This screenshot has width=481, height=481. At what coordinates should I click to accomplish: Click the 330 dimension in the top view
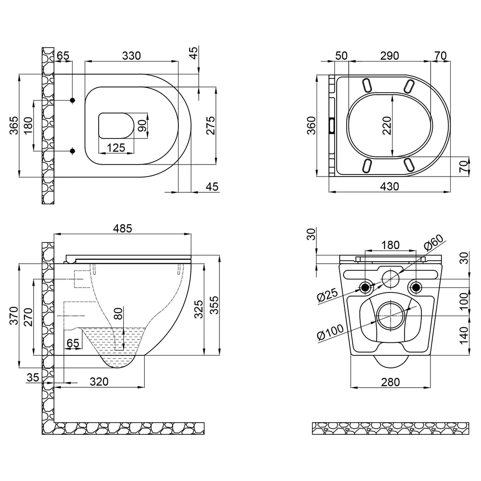131,56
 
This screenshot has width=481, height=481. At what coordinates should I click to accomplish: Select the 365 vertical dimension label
14,126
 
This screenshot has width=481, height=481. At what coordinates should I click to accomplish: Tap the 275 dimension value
211,126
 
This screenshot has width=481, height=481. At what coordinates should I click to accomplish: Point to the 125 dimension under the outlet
116,148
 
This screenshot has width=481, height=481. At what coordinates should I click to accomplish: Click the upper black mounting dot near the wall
73,100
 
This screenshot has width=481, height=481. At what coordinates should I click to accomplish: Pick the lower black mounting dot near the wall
73,151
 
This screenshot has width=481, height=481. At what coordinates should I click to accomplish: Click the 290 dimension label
390,56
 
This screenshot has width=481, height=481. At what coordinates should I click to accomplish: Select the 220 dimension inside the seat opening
387,126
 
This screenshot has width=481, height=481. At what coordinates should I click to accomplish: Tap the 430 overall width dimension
390,187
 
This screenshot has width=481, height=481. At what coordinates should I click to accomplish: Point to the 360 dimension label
311,126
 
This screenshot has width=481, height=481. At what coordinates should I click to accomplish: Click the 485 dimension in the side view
122,228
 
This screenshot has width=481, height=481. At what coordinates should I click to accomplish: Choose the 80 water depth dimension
118,313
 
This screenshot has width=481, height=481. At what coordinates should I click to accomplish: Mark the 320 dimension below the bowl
99,381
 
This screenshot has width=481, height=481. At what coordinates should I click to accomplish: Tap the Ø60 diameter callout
434,242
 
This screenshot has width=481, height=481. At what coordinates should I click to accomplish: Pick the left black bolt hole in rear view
365,288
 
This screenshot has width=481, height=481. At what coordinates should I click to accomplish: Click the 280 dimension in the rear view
391,382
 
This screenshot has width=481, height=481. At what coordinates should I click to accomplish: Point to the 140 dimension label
464,335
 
